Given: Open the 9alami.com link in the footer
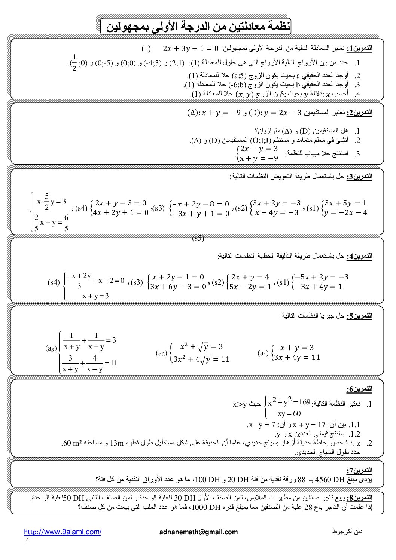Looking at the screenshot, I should (63, 532).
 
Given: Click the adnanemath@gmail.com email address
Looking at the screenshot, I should (198, 532).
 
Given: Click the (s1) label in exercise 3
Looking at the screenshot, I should (313, 208).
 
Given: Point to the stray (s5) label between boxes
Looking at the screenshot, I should (198, 238).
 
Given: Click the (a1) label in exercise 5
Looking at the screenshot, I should (263, 353).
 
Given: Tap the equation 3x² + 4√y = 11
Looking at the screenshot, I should (200, 359).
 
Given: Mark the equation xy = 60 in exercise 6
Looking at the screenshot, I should (289, 413).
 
